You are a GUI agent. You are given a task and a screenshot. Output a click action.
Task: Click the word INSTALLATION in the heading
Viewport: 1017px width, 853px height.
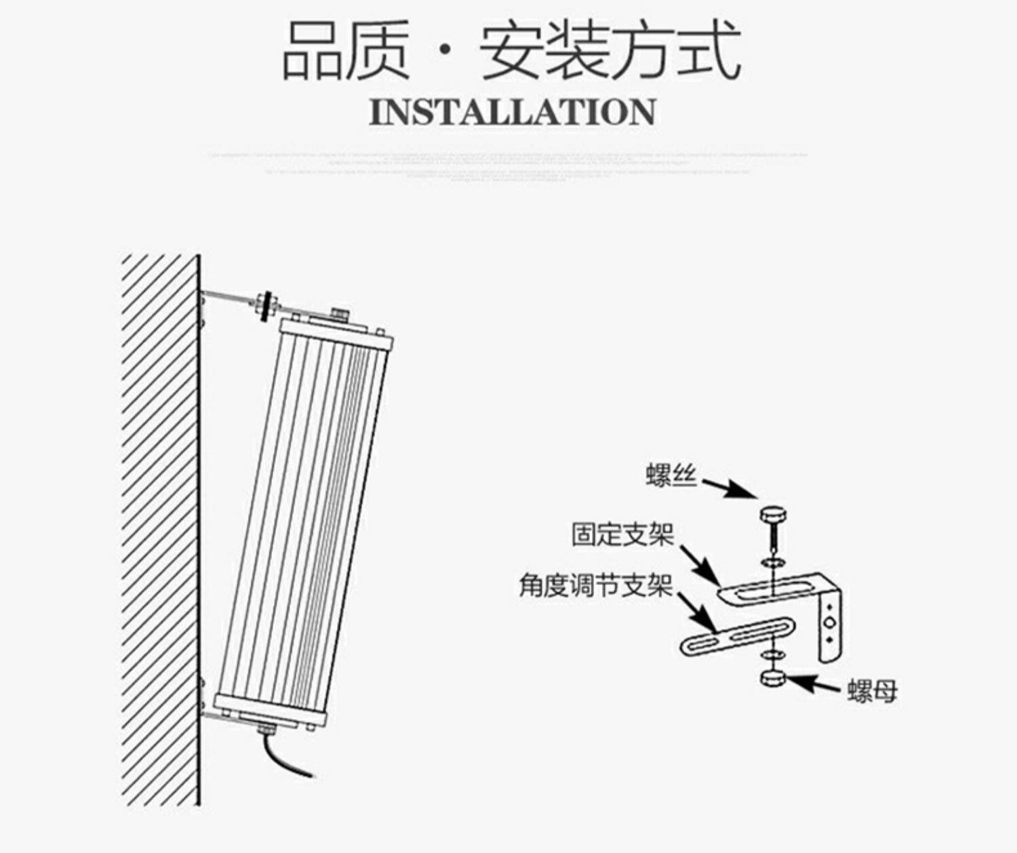513,113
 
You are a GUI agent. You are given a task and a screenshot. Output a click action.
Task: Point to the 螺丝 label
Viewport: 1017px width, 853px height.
671,475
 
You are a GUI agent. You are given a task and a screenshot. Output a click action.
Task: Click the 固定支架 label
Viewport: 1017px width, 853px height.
622,534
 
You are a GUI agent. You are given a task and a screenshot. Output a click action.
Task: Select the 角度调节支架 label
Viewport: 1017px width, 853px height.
595,584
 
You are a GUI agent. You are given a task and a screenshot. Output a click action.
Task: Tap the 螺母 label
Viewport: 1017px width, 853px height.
872,691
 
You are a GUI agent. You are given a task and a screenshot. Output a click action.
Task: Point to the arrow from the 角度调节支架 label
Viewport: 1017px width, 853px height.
696,613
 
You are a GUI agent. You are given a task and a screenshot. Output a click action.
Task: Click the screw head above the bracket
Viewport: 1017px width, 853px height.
771,514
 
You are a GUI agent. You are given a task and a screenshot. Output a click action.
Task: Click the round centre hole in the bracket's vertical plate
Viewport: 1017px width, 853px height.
829,622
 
